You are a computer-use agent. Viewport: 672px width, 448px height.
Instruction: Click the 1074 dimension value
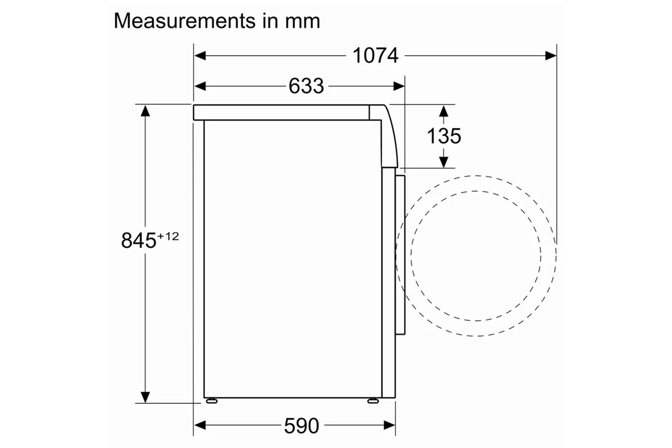375,56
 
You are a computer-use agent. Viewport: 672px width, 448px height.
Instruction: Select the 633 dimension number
306,86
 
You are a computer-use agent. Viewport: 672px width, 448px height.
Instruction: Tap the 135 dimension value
444,136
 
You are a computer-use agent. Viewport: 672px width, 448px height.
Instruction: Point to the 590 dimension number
302,426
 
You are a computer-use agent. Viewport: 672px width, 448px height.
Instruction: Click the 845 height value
139,241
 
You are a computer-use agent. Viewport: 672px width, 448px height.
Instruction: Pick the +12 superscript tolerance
168,237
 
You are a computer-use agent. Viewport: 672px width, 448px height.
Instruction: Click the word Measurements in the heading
185,21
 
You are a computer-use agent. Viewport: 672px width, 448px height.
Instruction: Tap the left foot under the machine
211,401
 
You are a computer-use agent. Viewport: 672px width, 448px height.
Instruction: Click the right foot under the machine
373,401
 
